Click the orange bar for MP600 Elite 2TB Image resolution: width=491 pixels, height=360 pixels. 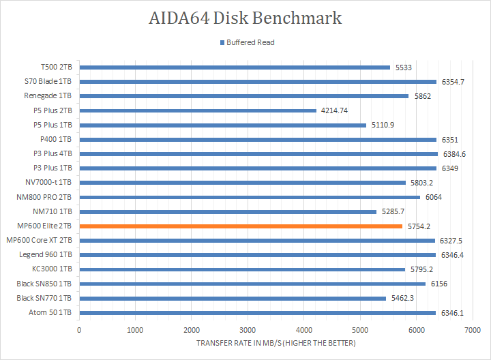coord(241,226)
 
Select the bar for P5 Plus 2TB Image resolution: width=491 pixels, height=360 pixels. coord(198,110)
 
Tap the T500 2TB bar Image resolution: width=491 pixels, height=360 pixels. coord(235,67)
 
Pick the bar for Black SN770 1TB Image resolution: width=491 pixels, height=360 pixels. coord(233,298)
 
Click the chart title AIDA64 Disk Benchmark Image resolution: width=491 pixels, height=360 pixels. coord(245,18)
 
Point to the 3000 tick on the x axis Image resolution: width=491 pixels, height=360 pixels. coord(248,330)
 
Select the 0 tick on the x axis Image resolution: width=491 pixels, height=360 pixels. coord(79,330)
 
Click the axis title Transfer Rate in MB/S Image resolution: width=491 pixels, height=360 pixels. coord(276,343)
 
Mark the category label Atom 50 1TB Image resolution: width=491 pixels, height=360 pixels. coord(50,312)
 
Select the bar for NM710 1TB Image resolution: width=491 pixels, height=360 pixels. coord(228,211)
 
